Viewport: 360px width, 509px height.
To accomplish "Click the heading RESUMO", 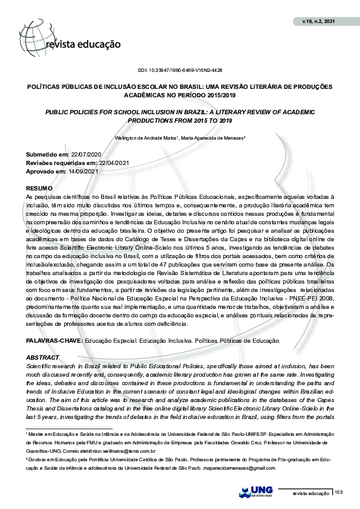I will [x=39, y=189].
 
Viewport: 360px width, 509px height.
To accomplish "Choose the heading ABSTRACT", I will [x=41, y=358].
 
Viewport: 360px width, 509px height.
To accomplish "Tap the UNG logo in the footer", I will [x=257, y=493].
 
